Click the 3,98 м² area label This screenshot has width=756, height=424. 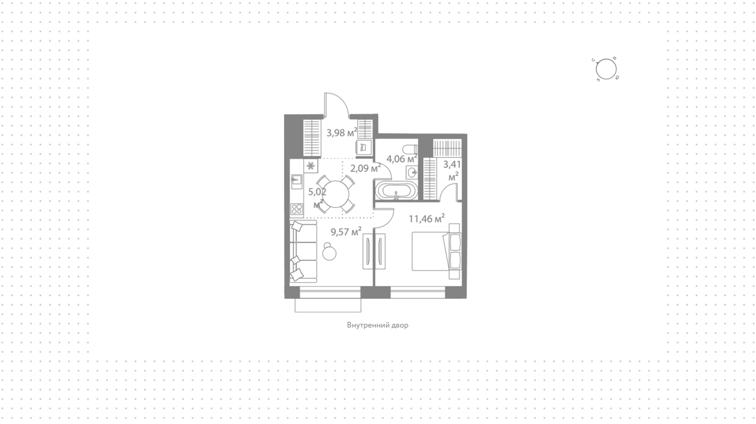[342, 133]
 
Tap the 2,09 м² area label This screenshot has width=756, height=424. [365, 168]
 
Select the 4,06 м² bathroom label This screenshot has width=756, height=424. [402, 159]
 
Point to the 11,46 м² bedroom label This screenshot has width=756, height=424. [427, 219]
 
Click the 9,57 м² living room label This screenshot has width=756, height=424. [346, 232]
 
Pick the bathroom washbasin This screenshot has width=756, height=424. [412, 172]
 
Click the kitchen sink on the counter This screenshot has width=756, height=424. [296, 181]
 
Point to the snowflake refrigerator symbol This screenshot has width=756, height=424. [311, 166]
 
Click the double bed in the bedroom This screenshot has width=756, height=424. [436, 251]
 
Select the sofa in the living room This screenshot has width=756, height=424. [303, 251]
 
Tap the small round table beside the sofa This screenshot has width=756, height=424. [329, 252]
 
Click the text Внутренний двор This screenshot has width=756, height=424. [378, 325]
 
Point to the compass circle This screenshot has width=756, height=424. [606, 70]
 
